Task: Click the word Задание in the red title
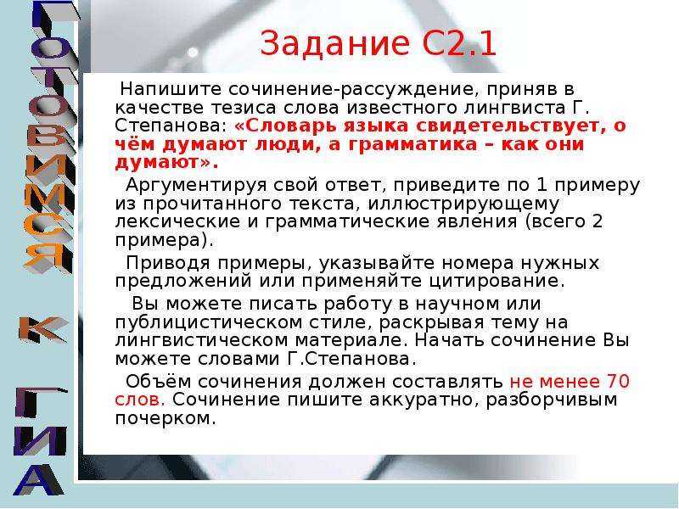point(334,43)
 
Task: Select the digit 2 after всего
point(598,221)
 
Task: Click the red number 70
point(618,381)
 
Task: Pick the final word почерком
point(165,418)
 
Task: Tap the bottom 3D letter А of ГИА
point(39,479)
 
